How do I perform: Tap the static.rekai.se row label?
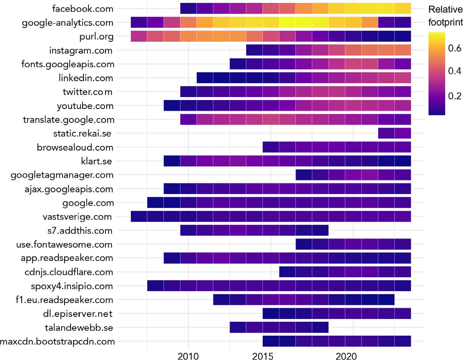point(83,134)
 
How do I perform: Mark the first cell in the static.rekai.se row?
point(386,134)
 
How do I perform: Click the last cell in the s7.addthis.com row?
point(320,230)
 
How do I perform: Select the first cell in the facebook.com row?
point(188,8)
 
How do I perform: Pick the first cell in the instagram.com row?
point(254,50)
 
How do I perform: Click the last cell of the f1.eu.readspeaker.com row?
point(386,300)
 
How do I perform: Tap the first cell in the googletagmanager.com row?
point(304,175)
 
